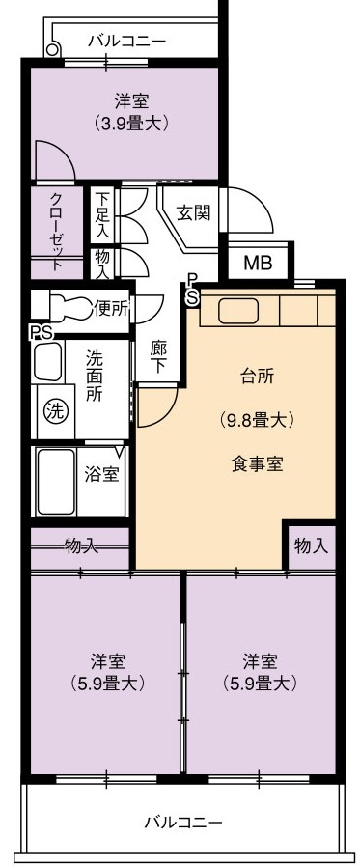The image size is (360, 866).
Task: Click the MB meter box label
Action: pos(258,263)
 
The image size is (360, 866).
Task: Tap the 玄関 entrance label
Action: pos(193,213)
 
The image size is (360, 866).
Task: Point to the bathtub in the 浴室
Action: pos(56,480)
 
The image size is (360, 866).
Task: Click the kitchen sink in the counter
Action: pos(238,312)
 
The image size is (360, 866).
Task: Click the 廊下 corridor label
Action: pos(158,357)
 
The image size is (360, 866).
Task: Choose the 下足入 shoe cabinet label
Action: pos(101,215)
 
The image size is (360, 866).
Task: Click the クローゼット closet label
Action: pos(56,231)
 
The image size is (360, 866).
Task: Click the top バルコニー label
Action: pos(127,42)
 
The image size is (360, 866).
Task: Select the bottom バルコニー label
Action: pos(183,823)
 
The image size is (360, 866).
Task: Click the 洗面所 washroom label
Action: pos(94,377)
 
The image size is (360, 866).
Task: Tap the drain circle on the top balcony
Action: pos(52,49)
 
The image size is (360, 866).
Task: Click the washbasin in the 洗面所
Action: pos(48,362)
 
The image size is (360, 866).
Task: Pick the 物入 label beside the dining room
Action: pos(312,545)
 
